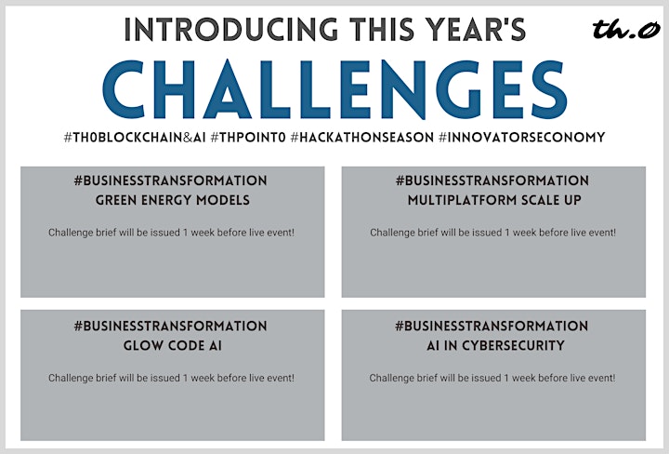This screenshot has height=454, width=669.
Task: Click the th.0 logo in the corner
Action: (x=625, y=29)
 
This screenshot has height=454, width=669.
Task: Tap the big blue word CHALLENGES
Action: (x=334, y=89)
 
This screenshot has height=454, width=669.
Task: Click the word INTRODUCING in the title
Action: (x=230, y=30)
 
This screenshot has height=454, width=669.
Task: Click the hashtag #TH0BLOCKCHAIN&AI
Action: (x=135, y=138)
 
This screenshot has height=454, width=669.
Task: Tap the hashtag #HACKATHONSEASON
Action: (x=361, y=138)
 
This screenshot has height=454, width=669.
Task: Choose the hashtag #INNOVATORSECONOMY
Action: (x=522, y=138)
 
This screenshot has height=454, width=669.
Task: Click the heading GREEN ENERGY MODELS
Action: (x=173, y=200)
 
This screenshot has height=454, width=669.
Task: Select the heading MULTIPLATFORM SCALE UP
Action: (x=494, y=200)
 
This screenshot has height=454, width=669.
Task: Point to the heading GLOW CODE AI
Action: (x=173, y=345)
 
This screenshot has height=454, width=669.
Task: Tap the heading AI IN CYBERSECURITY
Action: (x=495, y=345)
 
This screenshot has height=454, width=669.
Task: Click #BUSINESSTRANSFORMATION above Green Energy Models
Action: (x=170, y=180)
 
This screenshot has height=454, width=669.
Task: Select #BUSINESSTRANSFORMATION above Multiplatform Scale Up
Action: (x=492, y=180)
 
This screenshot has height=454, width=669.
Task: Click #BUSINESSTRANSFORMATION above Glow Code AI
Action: (x=170, y=326)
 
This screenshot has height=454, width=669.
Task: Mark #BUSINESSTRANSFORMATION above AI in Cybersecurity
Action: (x=492, y=326)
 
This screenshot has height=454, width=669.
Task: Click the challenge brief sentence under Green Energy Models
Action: (x=171, y=233)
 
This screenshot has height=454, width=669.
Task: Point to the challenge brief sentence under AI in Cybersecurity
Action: (x=492, y=378)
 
